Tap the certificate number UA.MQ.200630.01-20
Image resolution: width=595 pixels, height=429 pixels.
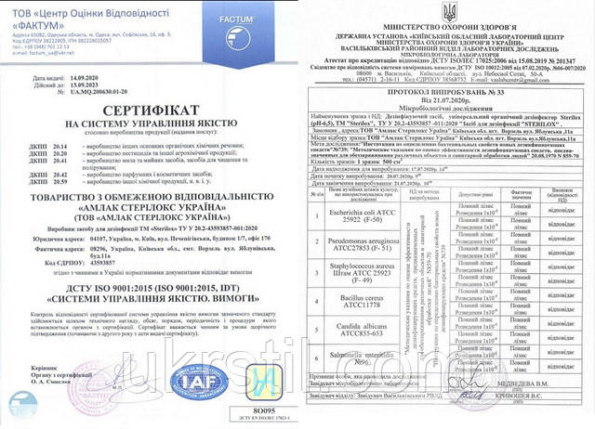tap(102, 97)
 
